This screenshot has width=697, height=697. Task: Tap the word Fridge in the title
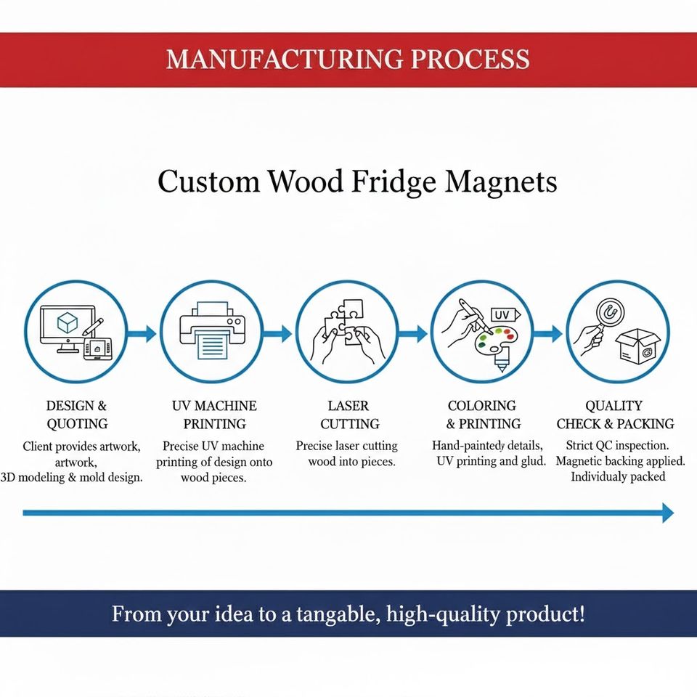click(394, 182)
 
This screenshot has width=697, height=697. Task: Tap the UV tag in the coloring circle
click(505, 314)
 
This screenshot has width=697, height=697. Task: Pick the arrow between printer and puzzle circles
click(277, 333)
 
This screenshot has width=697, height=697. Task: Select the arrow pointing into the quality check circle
click(549, 333)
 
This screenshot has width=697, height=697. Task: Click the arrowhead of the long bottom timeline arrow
click(668, 513)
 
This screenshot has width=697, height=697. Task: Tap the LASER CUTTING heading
click(350, 415)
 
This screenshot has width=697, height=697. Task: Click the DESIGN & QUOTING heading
click(77, 415)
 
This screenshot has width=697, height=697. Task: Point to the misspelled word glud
click(534, 461)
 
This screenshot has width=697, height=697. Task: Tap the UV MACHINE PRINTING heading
click(214, 415)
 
